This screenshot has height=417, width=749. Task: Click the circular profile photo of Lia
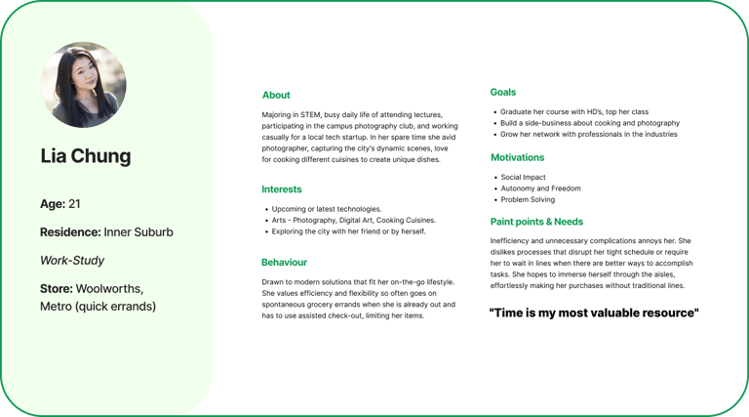[x=83, y=85]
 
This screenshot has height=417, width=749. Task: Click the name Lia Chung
[x=86, y=156]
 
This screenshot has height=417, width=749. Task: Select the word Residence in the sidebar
[x=69, y=232]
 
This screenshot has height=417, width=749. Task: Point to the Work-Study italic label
[x=73, y=261]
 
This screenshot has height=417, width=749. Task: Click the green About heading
[x=276, y=96]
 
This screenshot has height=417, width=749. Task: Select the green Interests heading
[x=281, y=188]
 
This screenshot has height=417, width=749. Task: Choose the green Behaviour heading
[x=285, y=263]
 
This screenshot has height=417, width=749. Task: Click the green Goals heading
[x=503, y=92]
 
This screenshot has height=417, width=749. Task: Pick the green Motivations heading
[x=517, y=157]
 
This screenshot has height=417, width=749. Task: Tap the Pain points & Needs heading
[x=537, y=223]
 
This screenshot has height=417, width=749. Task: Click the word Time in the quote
[x=507, y=313]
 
